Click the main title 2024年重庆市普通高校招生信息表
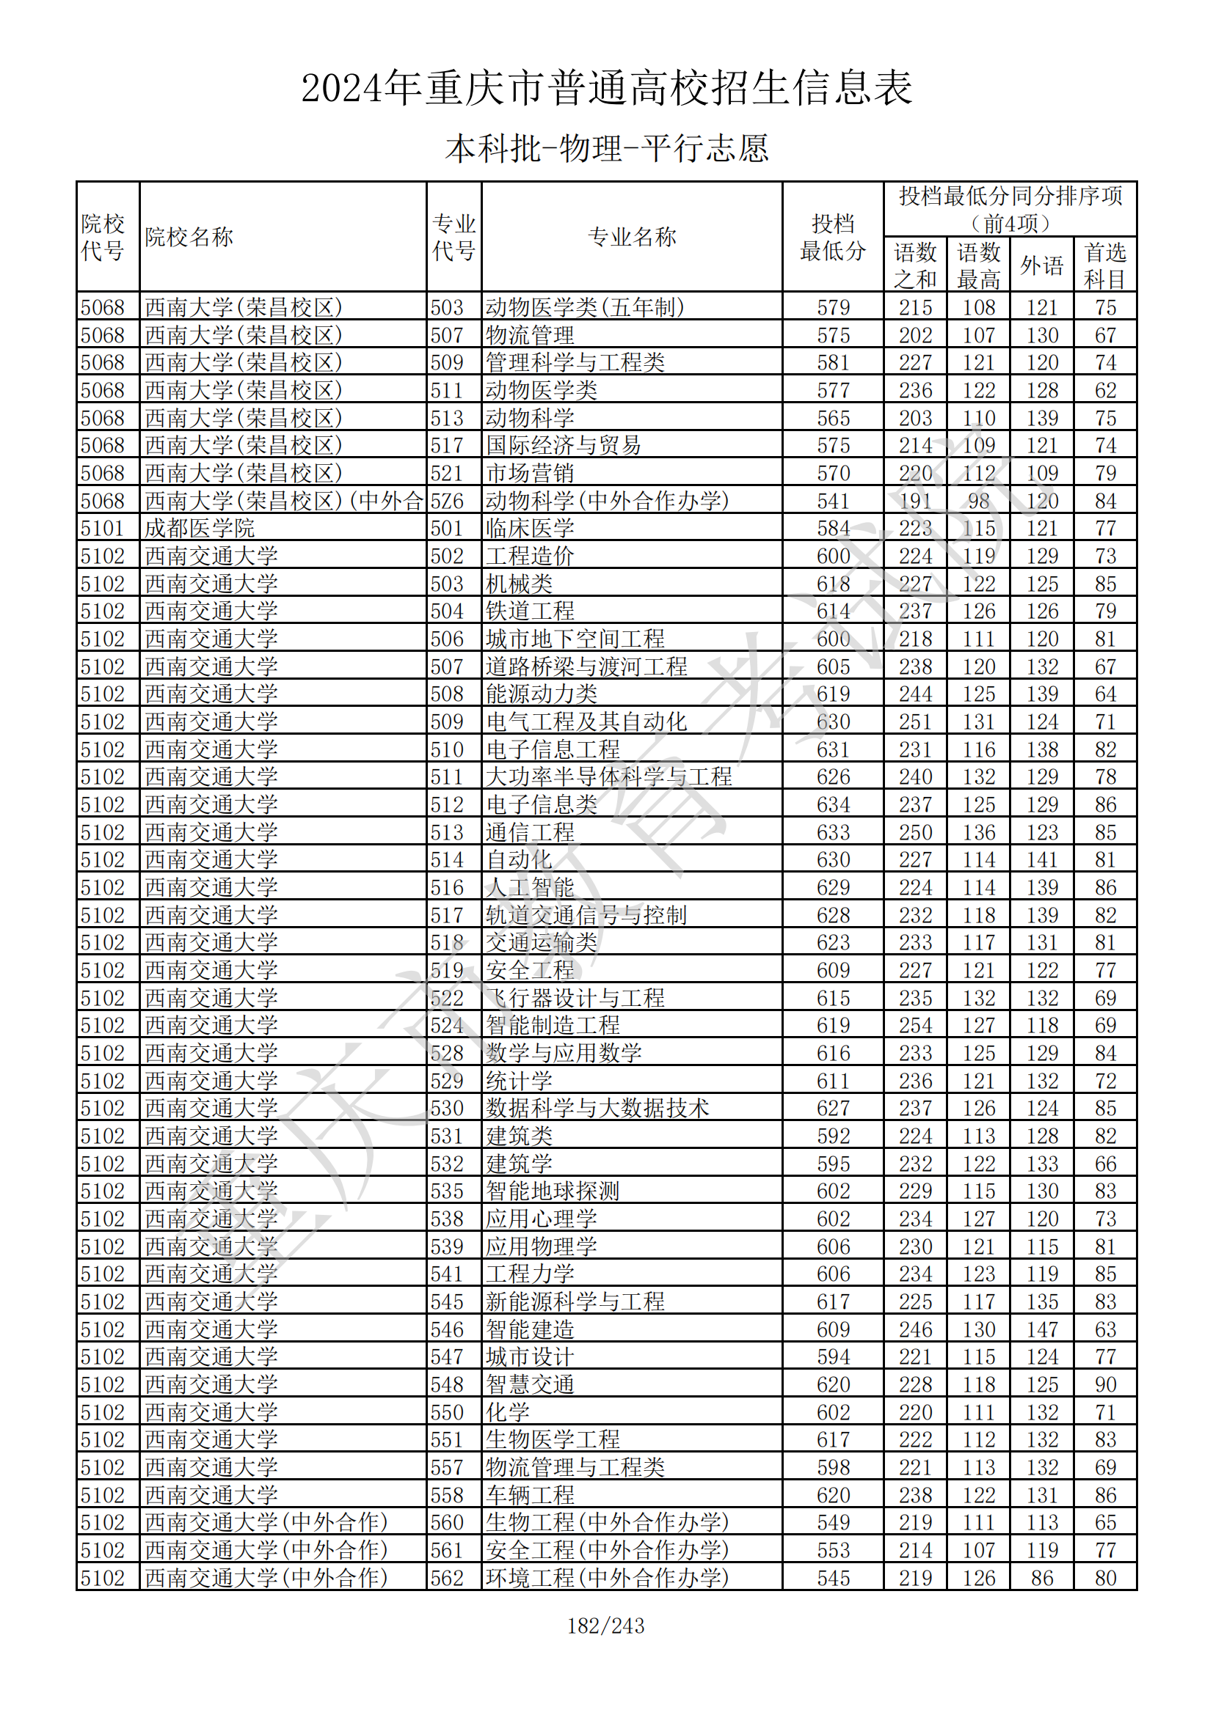(606, 88)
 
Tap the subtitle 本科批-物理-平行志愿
(606, 148)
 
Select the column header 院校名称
(189, 237)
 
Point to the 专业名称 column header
(632, 237)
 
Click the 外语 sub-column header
(1041, 265)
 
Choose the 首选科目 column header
(1104, 265)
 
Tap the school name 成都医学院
(200, 528)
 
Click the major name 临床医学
(530, 528)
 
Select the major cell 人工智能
(530, 887)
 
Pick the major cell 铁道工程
(530, 611)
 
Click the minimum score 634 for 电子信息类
(833, 804)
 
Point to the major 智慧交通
(530, 1384)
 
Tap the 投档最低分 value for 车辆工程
(833, 1494)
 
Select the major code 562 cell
(447, 1578)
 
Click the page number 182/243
(606, 1626)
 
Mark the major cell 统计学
(519, 1081)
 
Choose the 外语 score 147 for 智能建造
(1041, 1329)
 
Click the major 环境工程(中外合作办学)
(607, 1578)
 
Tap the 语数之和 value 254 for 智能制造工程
(915, 1026)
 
